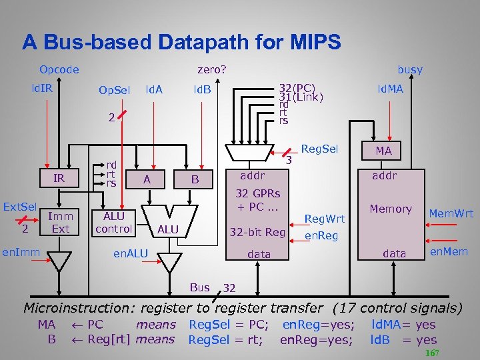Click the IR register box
click(59, 178)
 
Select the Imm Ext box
click(60, 222)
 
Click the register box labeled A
click(146, 178)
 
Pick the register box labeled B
click(195, 178)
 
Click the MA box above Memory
click(383, 151)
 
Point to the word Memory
click(391, 209)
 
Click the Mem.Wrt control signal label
click(451, 213)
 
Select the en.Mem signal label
click(449, 251)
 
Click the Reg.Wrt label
click(325, 218)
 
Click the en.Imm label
click(19, 252)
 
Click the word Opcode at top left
click(59, 69)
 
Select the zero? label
click(212, 69)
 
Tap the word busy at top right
click(410, 69)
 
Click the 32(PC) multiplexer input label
click(297, 87)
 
